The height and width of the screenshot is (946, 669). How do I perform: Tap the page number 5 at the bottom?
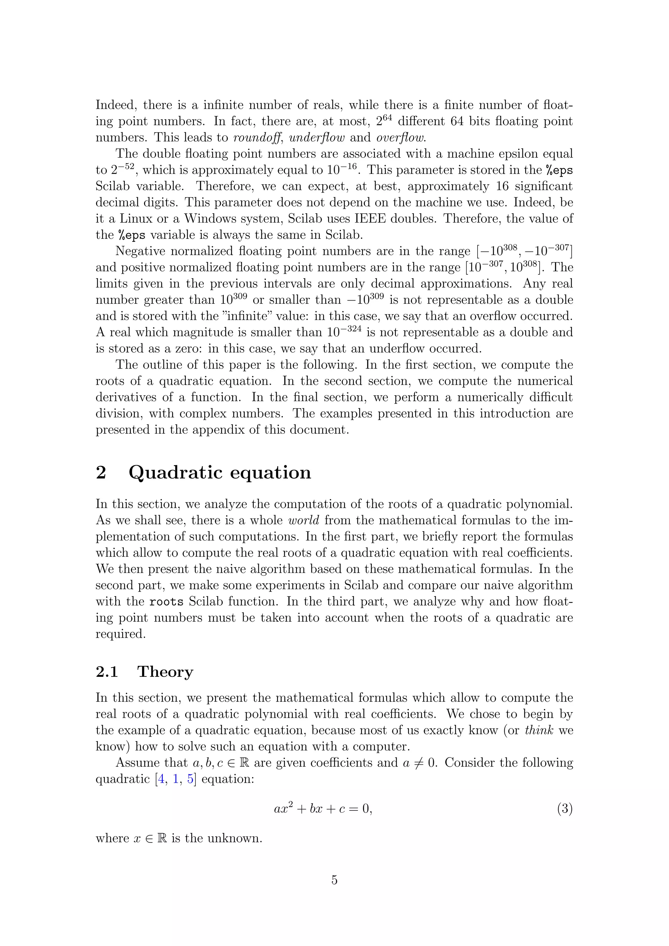[x=334, y=880]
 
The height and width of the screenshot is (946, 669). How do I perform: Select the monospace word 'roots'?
[x=166, y=602]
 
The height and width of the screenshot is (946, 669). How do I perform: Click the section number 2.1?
[x=107, y=672]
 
